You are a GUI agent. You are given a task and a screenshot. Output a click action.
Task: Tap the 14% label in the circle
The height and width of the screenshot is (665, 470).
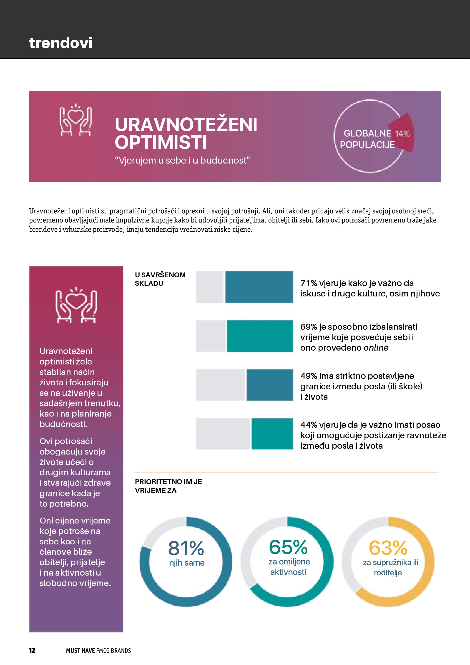(402, 134)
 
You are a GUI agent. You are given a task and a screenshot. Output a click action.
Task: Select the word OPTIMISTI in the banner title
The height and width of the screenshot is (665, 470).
(161, 142)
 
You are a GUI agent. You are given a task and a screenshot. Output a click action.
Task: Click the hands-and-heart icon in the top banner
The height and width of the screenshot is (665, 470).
(75, 120)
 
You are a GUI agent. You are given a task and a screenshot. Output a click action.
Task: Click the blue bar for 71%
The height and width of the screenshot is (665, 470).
(259, 287)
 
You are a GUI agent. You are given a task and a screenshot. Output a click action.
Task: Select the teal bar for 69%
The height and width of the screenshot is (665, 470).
(260, 336)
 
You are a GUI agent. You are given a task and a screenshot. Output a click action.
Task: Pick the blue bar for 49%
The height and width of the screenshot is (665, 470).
(270, 385)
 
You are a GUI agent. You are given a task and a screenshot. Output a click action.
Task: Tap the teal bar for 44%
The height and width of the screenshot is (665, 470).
(272, 434)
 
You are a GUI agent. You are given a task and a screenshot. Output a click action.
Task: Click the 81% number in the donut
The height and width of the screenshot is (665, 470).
(186, 548)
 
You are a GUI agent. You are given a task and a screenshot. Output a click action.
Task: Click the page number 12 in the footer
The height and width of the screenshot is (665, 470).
(32, 650)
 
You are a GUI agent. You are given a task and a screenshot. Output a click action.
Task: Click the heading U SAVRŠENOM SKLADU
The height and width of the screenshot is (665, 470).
(160, 279)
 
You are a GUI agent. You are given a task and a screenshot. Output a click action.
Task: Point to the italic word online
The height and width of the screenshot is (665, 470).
(376, 348)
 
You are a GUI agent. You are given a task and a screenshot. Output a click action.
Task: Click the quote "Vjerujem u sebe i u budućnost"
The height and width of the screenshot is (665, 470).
(182, 160)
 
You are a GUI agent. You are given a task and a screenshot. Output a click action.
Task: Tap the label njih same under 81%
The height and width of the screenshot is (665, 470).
(187, 563)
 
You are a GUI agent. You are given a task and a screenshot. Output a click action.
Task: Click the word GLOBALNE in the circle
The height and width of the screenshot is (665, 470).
(367, 133)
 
